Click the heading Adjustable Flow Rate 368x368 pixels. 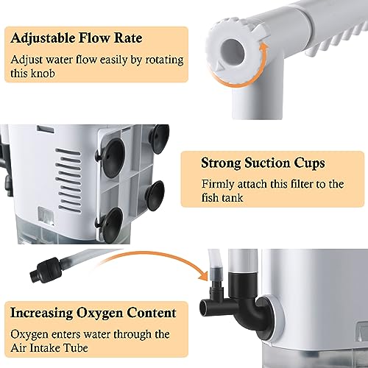[77, 38]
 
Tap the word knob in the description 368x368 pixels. [43, 73]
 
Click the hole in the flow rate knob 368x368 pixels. [233, 52]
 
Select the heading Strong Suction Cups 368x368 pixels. [263, 163]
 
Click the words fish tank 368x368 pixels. [222, 197]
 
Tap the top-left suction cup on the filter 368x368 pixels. [113, 158]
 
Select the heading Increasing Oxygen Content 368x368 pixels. [93, 313]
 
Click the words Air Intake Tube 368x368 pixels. [49, 347]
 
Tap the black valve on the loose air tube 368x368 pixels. [46, 269]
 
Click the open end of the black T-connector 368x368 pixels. [205, 307]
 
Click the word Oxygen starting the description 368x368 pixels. [29, 335]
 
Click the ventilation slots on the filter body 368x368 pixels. [68, 180]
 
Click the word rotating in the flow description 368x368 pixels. [164, 60]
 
